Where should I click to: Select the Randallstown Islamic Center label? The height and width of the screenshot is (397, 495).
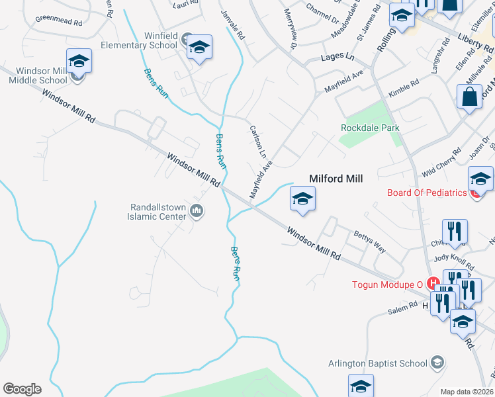coord(158,211)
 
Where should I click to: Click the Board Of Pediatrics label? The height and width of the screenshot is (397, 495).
coord(427,193)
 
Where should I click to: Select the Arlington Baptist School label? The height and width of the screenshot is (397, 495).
coord(378,363)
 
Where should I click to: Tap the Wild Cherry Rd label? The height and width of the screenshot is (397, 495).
coord(441,163)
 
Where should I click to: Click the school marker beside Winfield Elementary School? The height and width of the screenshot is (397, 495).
coord(199,47)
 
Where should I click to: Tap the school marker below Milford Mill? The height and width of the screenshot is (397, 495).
coord(302,198)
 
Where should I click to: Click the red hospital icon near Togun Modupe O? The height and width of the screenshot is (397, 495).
coord(434,284)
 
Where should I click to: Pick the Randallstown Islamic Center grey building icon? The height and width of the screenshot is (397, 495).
coord(196,211)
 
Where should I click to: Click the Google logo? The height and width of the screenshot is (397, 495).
coord(22,388)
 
